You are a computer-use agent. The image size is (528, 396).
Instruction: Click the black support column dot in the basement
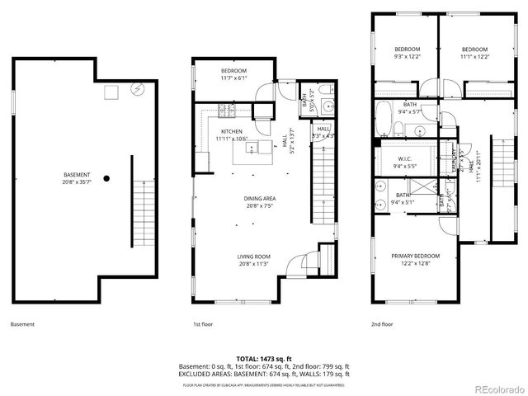point(106,176)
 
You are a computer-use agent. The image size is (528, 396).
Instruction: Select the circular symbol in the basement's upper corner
point(138,91)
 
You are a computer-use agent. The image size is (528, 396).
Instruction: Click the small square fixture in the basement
point(109,92)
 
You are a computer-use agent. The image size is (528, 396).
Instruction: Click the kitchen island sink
point(253,148)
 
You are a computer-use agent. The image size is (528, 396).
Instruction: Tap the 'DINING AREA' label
point(258,198)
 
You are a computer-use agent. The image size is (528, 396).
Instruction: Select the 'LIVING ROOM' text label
point(254,257)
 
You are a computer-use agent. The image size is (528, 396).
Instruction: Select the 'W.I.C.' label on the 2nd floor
point(406,158)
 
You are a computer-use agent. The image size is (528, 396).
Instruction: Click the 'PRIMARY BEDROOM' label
point(415,257)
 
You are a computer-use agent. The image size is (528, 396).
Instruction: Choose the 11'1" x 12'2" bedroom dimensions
point(475,56)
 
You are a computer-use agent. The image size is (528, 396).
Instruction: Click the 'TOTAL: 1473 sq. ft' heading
point(265,359)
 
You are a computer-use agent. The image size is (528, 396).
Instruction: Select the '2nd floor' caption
point(382,324)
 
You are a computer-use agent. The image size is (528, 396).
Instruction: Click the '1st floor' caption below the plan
point(204,324)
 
